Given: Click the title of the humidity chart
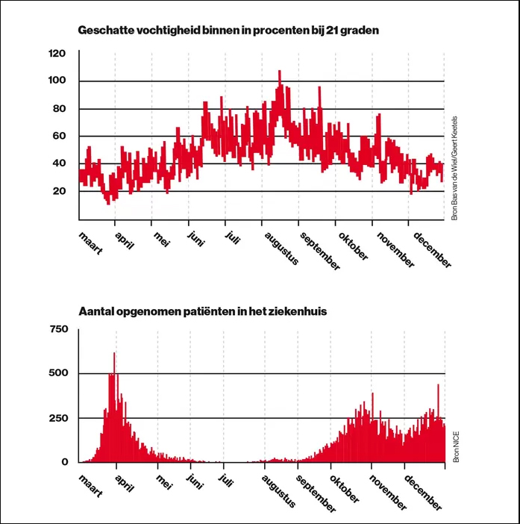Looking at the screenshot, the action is (228, 31).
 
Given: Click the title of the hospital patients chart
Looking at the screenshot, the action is (202, 311).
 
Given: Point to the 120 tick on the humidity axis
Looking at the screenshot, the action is (57, 53).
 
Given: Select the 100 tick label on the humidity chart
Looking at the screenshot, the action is (57, 80).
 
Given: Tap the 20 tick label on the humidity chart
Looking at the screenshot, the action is (60, 191).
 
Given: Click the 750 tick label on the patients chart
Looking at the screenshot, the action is (59, 329).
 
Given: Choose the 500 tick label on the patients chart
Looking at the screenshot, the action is (58, 373).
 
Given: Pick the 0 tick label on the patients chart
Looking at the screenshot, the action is (65, 462).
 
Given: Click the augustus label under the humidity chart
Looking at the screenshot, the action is (281, 249).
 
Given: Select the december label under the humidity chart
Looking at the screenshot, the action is (432, 250).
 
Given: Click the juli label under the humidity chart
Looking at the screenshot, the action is (232, 237).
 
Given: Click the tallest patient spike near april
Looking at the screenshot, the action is (114, 354).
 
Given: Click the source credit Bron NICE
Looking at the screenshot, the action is (456, 447).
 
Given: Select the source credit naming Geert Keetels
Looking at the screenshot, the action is (454, 168).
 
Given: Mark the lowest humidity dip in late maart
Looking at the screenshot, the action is (108, 202).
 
